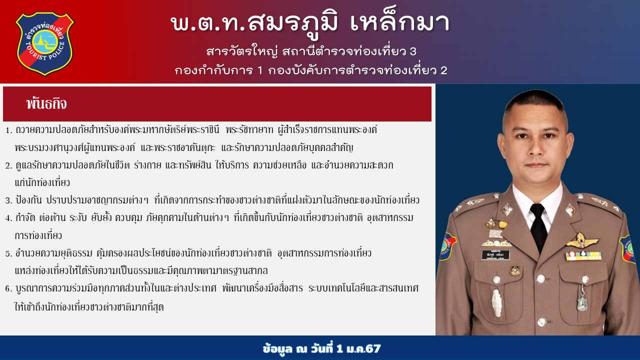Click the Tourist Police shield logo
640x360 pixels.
45,44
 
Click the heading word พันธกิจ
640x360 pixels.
46,103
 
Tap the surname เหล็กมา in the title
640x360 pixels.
399,23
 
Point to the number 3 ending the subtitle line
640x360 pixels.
413,51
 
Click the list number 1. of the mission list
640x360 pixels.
9,130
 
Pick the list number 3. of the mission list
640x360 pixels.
9,200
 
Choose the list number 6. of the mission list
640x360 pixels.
9,289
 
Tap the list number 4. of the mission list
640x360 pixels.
9,218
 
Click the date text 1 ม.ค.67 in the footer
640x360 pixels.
358,349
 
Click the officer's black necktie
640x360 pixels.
538,227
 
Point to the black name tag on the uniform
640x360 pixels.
495,254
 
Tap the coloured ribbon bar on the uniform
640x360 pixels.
583,255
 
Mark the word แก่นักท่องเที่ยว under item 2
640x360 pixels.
42,182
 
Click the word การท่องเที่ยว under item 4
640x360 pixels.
38,235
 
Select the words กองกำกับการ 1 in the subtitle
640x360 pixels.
218,70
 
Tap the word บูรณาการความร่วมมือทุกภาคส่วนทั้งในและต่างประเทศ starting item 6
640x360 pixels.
116,288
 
